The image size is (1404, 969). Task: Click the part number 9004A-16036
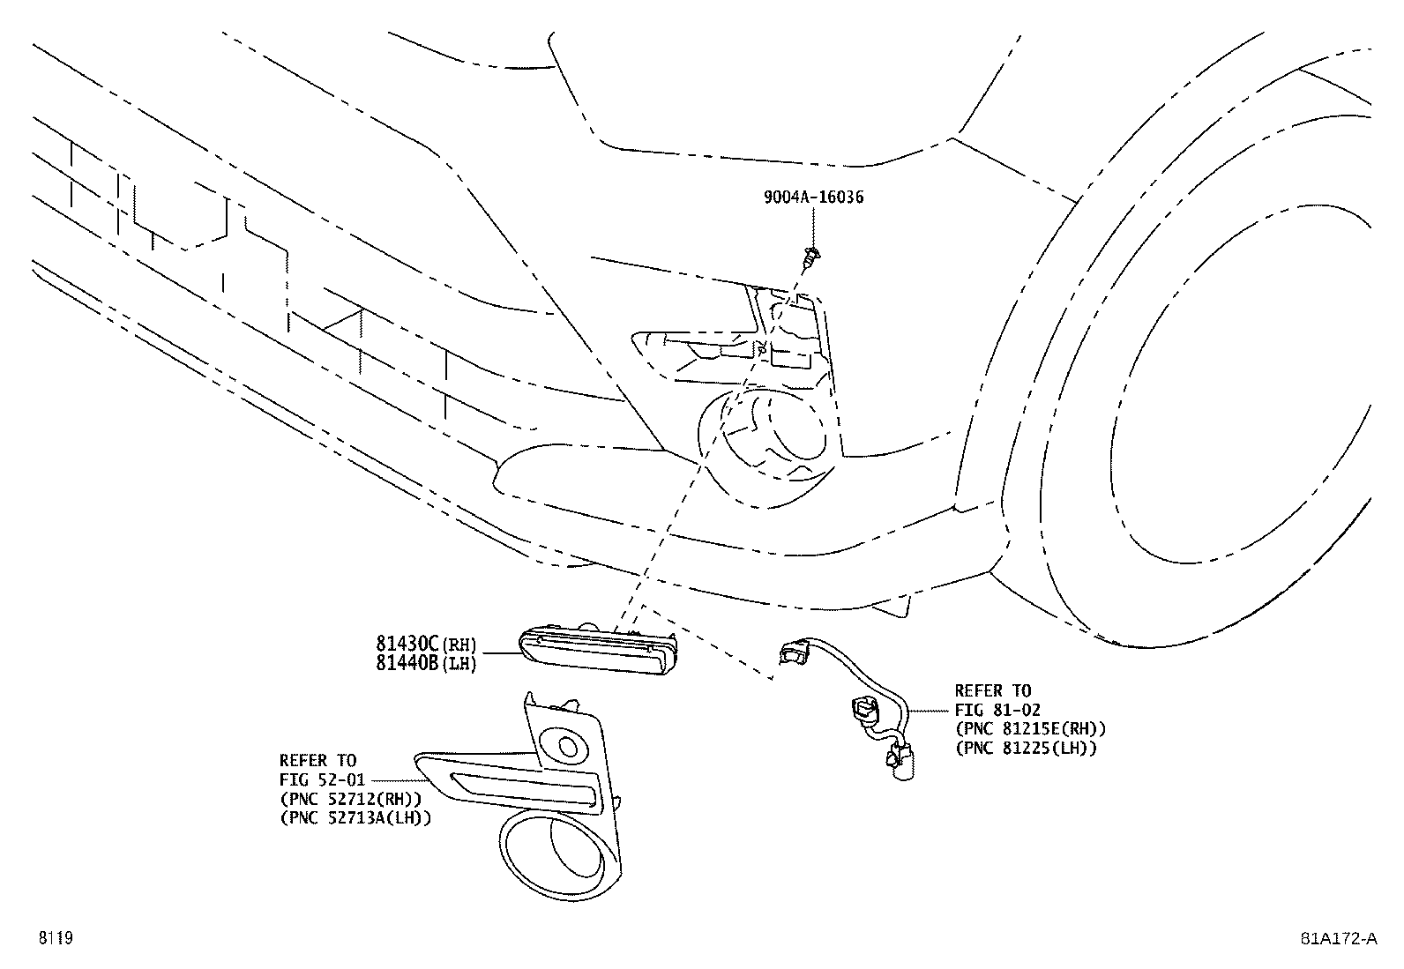[x=813, y=197]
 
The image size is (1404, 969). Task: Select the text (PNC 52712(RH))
[x=349, y=799]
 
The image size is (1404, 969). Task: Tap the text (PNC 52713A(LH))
[x=355, y=818]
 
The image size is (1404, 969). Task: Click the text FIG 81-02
[x=997, y=710]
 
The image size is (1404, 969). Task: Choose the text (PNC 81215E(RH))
[x=1030, y=729]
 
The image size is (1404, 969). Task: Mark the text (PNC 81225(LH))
[x=1026, y=749]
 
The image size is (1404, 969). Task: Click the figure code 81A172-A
[x=1338, y=938]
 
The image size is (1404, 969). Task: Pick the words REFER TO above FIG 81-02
[x=992, y=690]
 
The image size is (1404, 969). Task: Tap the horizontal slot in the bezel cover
[x=524, y=787]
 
